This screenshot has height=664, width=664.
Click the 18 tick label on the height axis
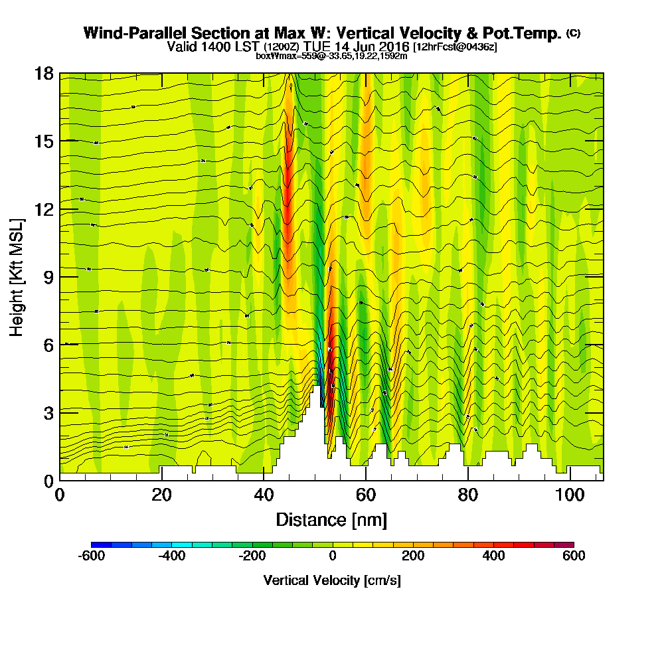tap(44, 73)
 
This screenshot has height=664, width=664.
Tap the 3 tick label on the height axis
tap(48, 412)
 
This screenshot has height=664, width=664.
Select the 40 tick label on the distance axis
tap(264, 495)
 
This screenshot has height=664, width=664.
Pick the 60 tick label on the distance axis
tap(366, 495)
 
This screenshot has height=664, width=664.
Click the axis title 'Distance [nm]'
tap(331, 519)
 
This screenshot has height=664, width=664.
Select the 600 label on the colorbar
tap(574, 556)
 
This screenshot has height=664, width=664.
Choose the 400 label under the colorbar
tap(493, 556)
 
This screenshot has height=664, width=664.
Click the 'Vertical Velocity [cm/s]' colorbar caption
tap(332, 580)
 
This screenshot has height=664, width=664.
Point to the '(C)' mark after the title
tap(573, 33)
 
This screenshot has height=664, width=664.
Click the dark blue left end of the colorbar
tap(96, 544)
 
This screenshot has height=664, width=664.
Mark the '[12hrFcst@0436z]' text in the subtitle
tap(455, 47)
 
